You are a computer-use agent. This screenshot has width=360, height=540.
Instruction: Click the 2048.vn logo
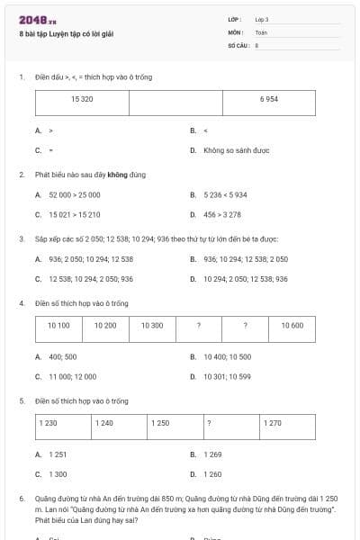[x=33, y=20]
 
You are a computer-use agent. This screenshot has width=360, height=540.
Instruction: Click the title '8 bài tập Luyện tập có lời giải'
[x=67, y=34]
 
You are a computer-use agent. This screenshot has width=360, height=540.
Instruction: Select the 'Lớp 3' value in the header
[x=262, y=19]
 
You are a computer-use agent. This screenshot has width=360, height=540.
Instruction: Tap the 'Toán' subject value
[x=262, y=31]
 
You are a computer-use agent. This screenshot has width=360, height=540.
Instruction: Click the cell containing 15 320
[x=82, y=98]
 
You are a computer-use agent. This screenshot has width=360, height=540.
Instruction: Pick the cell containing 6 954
[x=268, y=98]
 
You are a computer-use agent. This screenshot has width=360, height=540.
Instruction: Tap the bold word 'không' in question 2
[x=116, y=175]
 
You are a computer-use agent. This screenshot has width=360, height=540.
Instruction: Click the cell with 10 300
[x=152, y=325]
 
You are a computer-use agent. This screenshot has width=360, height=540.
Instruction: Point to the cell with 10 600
[x=292, y=325]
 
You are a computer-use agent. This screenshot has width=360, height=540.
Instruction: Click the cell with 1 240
[x=104, y=422]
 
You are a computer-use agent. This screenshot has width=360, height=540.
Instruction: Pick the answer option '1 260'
[x=212, y=473]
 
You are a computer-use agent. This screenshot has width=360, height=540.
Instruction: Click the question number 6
[x=22, y=498]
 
